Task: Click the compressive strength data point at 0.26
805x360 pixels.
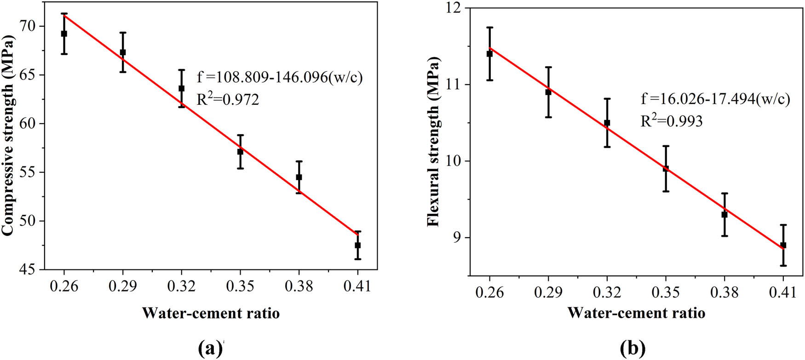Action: (64, 34)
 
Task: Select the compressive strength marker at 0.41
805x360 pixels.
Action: (357, 245)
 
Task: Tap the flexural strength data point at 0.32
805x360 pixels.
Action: (607, 123)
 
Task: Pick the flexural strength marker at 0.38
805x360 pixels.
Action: (724, 214)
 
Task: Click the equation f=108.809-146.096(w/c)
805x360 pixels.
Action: (280, 77)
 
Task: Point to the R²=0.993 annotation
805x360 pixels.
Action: (672, 121)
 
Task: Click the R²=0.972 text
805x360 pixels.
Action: (228, 99)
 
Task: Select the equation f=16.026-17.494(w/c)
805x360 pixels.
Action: (715, 99)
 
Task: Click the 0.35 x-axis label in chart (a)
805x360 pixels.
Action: (240, 287)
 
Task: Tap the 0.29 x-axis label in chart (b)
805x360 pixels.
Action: (548, 292)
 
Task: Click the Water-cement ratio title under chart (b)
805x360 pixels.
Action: (636, 313)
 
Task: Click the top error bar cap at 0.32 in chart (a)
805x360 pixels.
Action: (181, 70)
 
